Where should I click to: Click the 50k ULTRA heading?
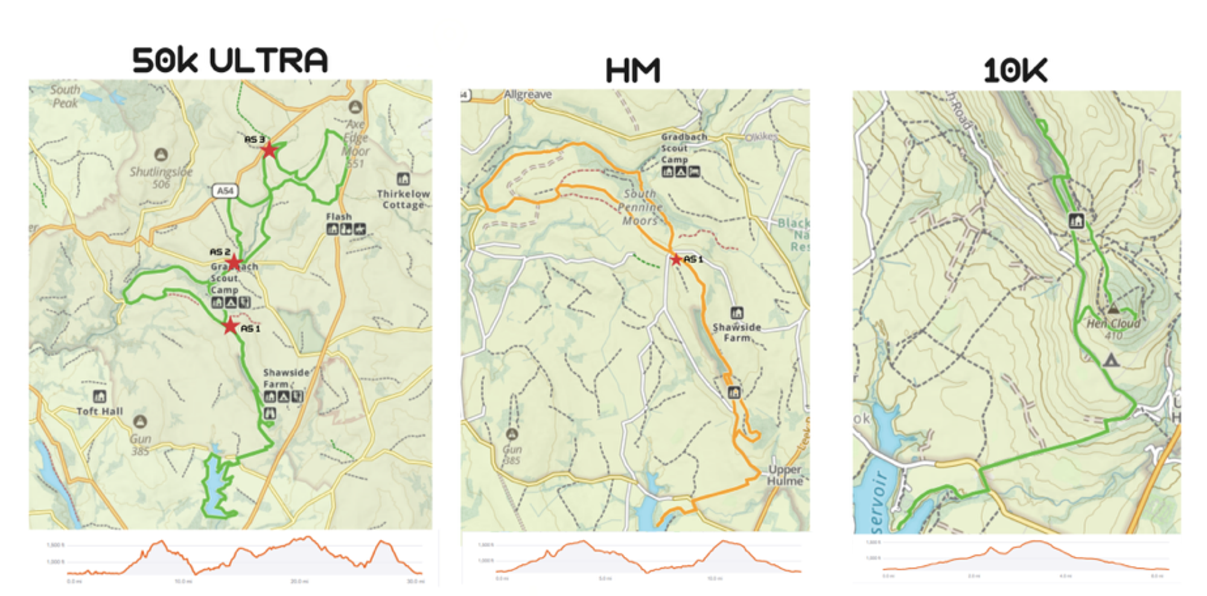click(x=230, y=60)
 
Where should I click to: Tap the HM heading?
click(x=632, y=71)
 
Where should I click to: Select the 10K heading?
click(x=1015, y=71)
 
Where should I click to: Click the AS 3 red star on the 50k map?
click(x=269, y=149)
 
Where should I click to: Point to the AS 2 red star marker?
click(x=234, y=263)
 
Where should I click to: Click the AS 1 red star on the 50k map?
click(x=230, y=327)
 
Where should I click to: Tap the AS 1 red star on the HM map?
click(x=676, y=260)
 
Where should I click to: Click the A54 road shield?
click(x=225, y=191)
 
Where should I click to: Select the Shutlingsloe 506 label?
click(x=161, y=178)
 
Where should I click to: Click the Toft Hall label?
click(x=100, y=411)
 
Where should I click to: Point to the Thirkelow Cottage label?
click(x=403, y=199)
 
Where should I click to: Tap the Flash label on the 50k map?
click(x=339, y=216)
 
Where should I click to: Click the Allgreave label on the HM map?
click(x=527, y=95)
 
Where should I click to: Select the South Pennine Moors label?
click(x=640, y=207)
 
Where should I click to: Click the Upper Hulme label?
click(x=785, y=475)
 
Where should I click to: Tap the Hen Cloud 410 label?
click(x=1113, y=328)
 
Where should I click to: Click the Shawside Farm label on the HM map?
click(x=737, y=332)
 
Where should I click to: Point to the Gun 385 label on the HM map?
click(x=512, y=454)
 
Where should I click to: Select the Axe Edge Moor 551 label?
click(x=355, y=144)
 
